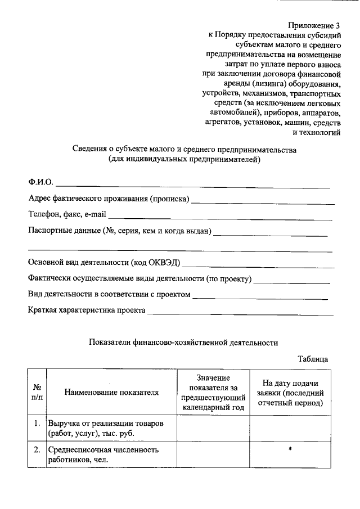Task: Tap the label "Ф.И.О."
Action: point(40,182)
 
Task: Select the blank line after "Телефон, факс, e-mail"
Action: point(219,218)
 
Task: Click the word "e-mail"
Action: point(94,214)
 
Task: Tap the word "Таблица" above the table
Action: point(313,358)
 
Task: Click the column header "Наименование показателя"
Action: point(111,392)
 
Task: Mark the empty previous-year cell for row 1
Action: point(214,428)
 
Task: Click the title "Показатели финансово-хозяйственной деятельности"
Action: point(184,341)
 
